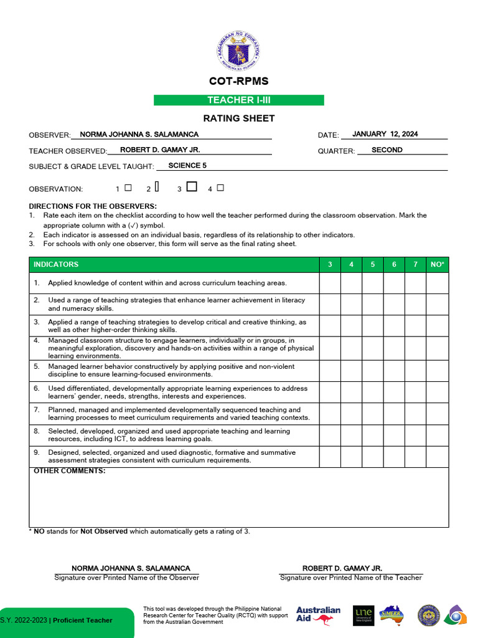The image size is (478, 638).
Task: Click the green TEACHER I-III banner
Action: (x=239, y=100)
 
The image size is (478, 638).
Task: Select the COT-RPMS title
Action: (x=239, y=81)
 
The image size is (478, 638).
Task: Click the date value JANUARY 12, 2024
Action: (x=385, y=134)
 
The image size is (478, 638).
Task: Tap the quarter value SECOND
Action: (x=387, y=150)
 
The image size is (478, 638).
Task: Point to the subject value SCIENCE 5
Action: (x=187, y=166)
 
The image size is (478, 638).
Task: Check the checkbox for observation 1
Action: (x=128, y=187)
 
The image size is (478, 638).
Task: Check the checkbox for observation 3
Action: (x=192, y=186)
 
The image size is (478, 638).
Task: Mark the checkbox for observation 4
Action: (x=220, y=187)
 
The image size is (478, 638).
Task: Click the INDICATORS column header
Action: (x=56, y=264)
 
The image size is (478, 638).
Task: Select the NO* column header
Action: (x=438, y=264)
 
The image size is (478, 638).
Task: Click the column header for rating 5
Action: (x=373, y=264)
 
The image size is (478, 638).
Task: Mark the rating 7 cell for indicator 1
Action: (x=415, y=283)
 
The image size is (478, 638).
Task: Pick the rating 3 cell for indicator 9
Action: (x=330, y=457)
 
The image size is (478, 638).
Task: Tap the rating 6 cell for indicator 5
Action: (x=394, y=371)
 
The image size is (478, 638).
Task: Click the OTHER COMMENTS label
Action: (x=69, y=471)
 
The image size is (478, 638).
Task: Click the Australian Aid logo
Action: (x=318, y=615)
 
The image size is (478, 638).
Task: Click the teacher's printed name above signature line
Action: (x=342, y=568)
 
